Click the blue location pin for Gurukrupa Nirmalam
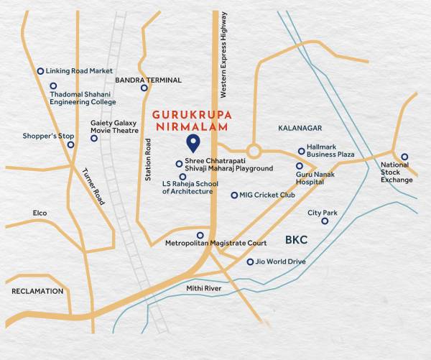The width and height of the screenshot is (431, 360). [x=192, y=142]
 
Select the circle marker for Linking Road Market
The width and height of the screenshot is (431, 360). [x=40, y=71]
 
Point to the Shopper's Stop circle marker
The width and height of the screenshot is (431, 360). [x=70, y=144]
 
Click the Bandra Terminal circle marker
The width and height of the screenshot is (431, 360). [x=144, y=88]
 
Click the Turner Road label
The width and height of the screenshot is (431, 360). [x=93, y=187]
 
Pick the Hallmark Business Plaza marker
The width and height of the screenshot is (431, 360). [x=302, y=152]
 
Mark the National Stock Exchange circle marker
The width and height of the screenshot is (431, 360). [x=404, y=157]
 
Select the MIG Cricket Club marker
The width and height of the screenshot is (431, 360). [x=234, y=195]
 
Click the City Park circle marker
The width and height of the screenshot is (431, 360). [x=325, y=221]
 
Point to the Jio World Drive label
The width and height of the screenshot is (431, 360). [x=281, y=262]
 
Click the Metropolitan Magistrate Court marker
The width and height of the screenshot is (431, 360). [x=200, y=235]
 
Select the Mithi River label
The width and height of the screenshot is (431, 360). [x=223, y=288]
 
